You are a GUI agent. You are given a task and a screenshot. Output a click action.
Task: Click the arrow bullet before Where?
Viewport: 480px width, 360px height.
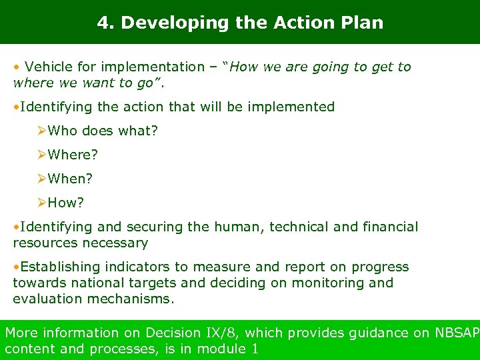coord(41,155)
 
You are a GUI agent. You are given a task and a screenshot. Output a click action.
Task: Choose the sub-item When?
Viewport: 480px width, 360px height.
coord(70,179)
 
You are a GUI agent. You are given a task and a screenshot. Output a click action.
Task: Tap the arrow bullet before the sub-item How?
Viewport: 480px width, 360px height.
coord(41,203)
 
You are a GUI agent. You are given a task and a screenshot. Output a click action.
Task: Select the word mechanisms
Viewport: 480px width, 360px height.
coord(130,299)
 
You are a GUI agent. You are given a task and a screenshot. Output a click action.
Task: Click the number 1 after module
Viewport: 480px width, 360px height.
coord(255,349)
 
